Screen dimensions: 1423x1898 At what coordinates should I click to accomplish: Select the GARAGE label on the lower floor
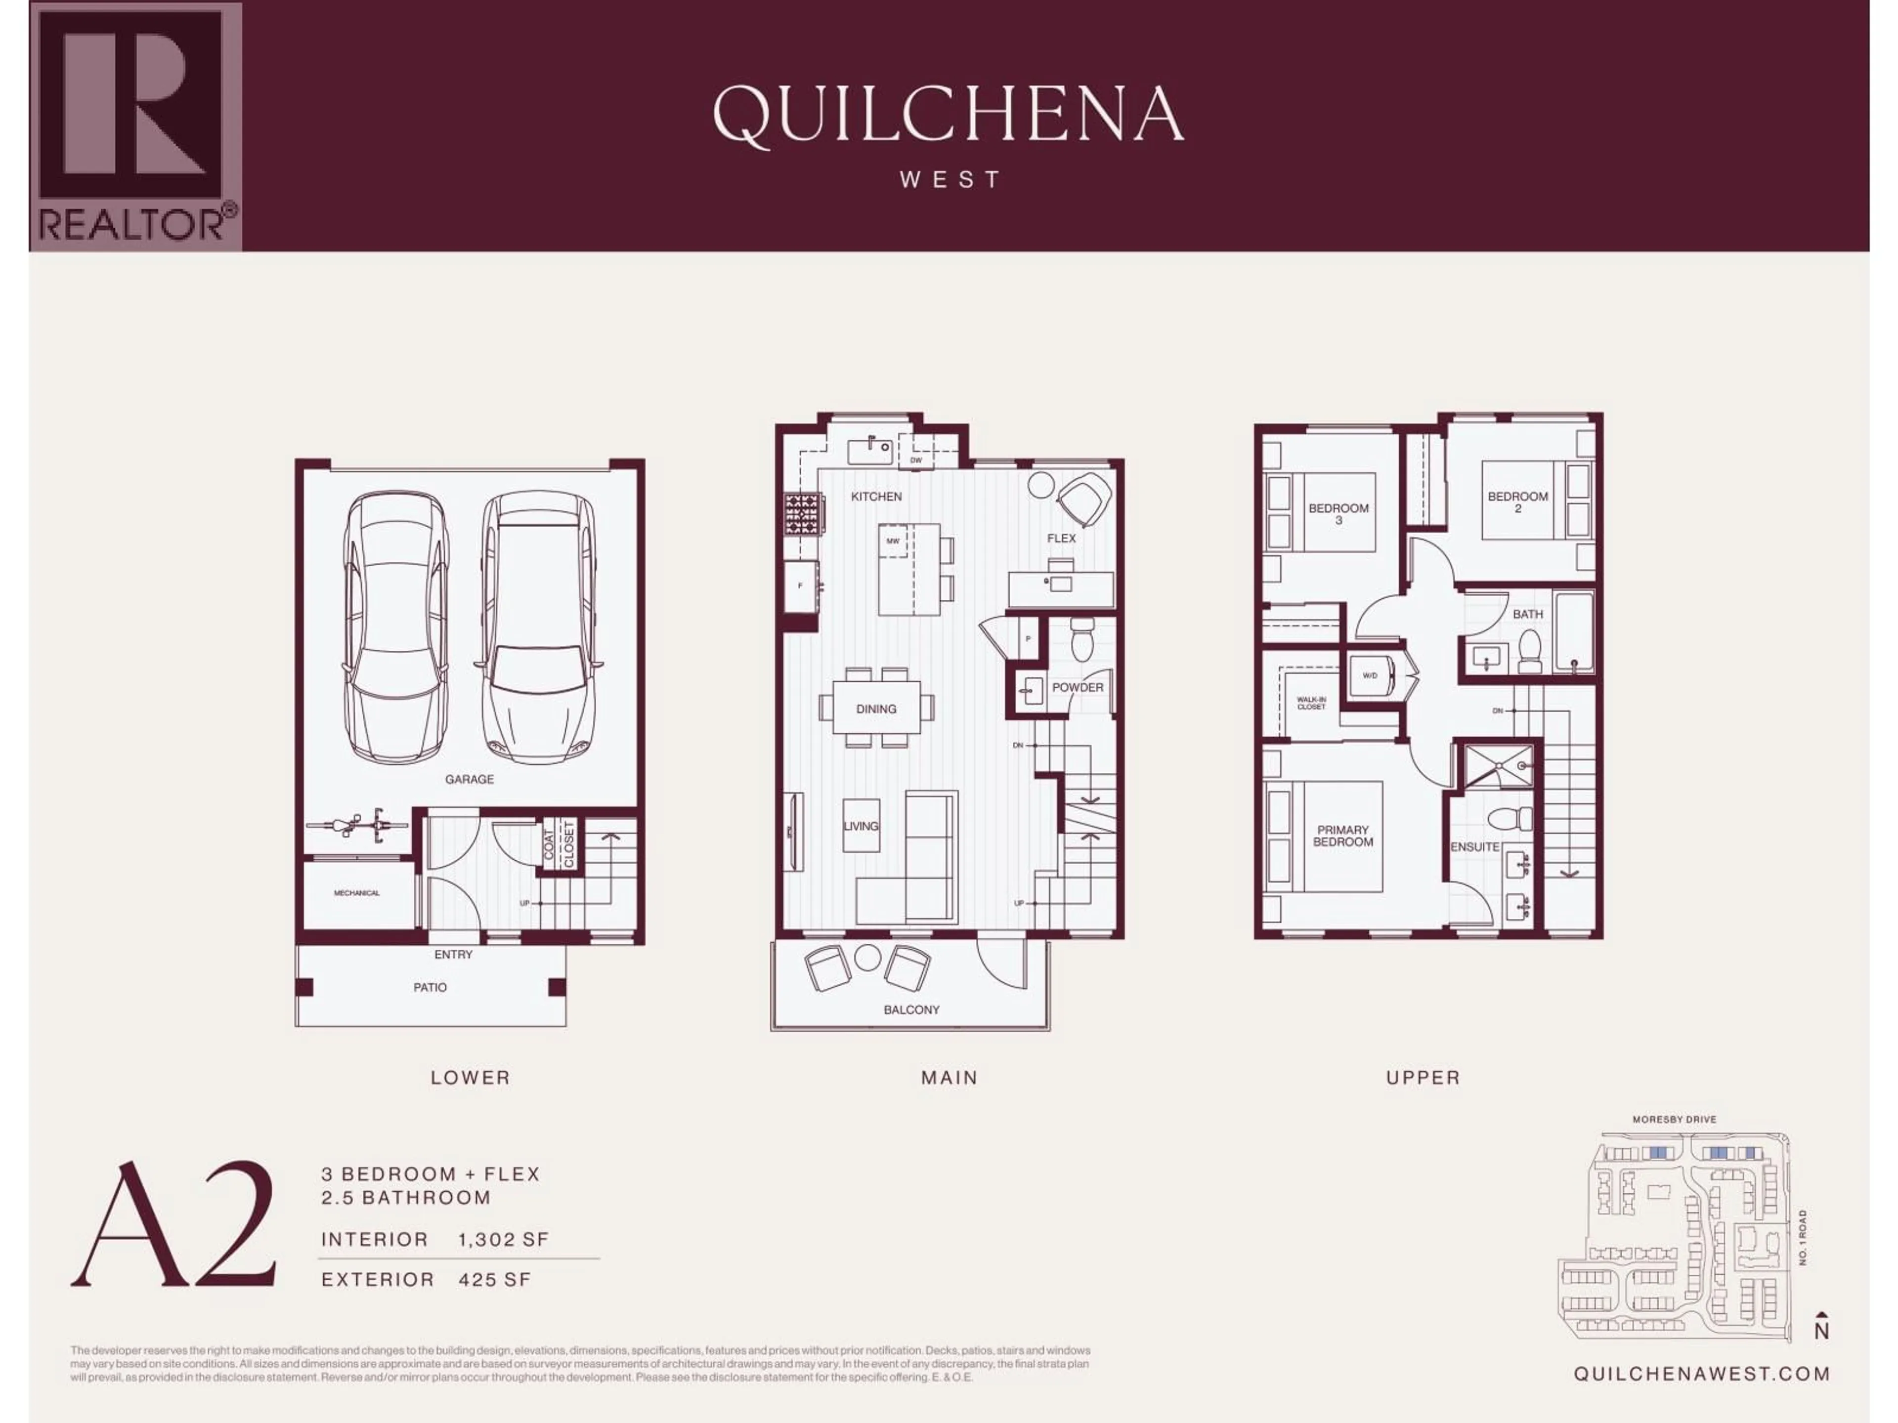(x=470, y=779)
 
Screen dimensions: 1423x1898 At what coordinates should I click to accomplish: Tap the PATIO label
(x=430, y=987)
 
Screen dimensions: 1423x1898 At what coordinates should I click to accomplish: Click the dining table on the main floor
(x=876, y=709)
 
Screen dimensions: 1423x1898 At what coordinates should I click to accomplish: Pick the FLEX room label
(x=1061, y=538)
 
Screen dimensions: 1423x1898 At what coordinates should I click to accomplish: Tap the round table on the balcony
(x=867, y=957)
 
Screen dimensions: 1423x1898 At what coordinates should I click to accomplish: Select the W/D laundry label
(x=1370, y=675)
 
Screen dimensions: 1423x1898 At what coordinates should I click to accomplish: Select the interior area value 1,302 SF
(x=503, y=1239)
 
